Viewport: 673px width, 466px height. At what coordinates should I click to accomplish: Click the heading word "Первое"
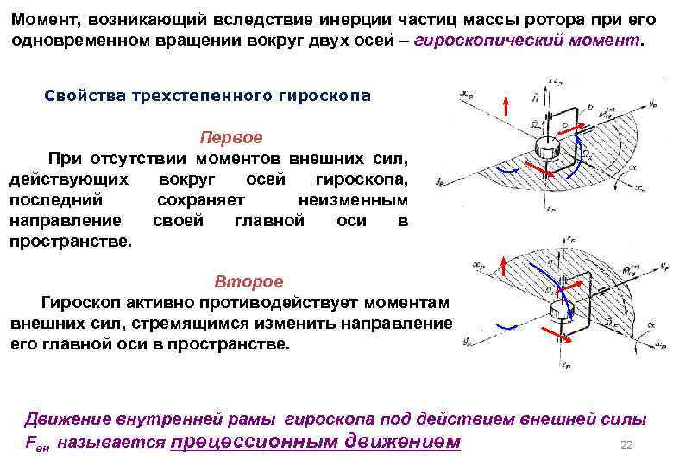[231, 138]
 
